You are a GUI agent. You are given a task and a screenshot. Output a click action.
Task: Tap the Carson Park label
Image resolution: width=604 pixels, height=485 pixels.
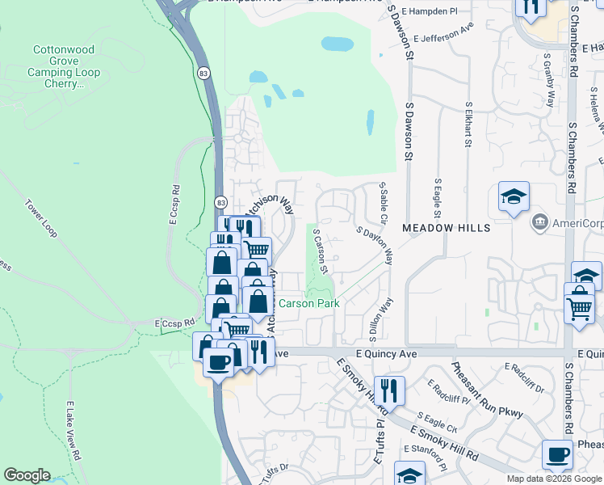pyautogui.click(x=308, y=304)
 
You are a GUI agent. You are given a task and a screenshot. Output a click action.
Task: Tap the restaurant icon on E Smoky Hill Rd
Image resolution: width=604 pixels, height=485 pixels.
pyautogui.click(x=391, y=390)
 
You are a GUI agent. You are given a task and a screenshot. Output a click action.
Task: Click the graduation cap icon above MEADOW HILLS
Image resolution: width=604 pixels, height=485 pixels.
pyautogui.click(x=514, y=197)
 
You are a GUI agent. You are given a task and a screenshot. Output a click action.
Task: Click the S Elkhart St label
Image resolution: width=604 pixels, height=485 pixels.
pyautogui.click(x=468, y=125)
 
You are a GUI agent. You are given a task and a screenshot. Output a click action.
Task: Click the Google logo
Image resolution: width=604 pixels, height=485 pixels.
pyautogui.click(x=27, y=475)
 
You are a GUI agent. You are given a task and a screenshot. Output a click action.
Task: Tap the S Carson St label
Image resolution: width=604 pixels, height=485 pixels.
pyautogui.click(x=321, y=249)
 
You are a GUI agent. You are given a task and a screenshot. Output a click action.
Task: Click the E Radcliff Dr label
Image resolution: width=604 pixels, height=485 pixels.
pyautogui.click(x=524, y=377)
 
